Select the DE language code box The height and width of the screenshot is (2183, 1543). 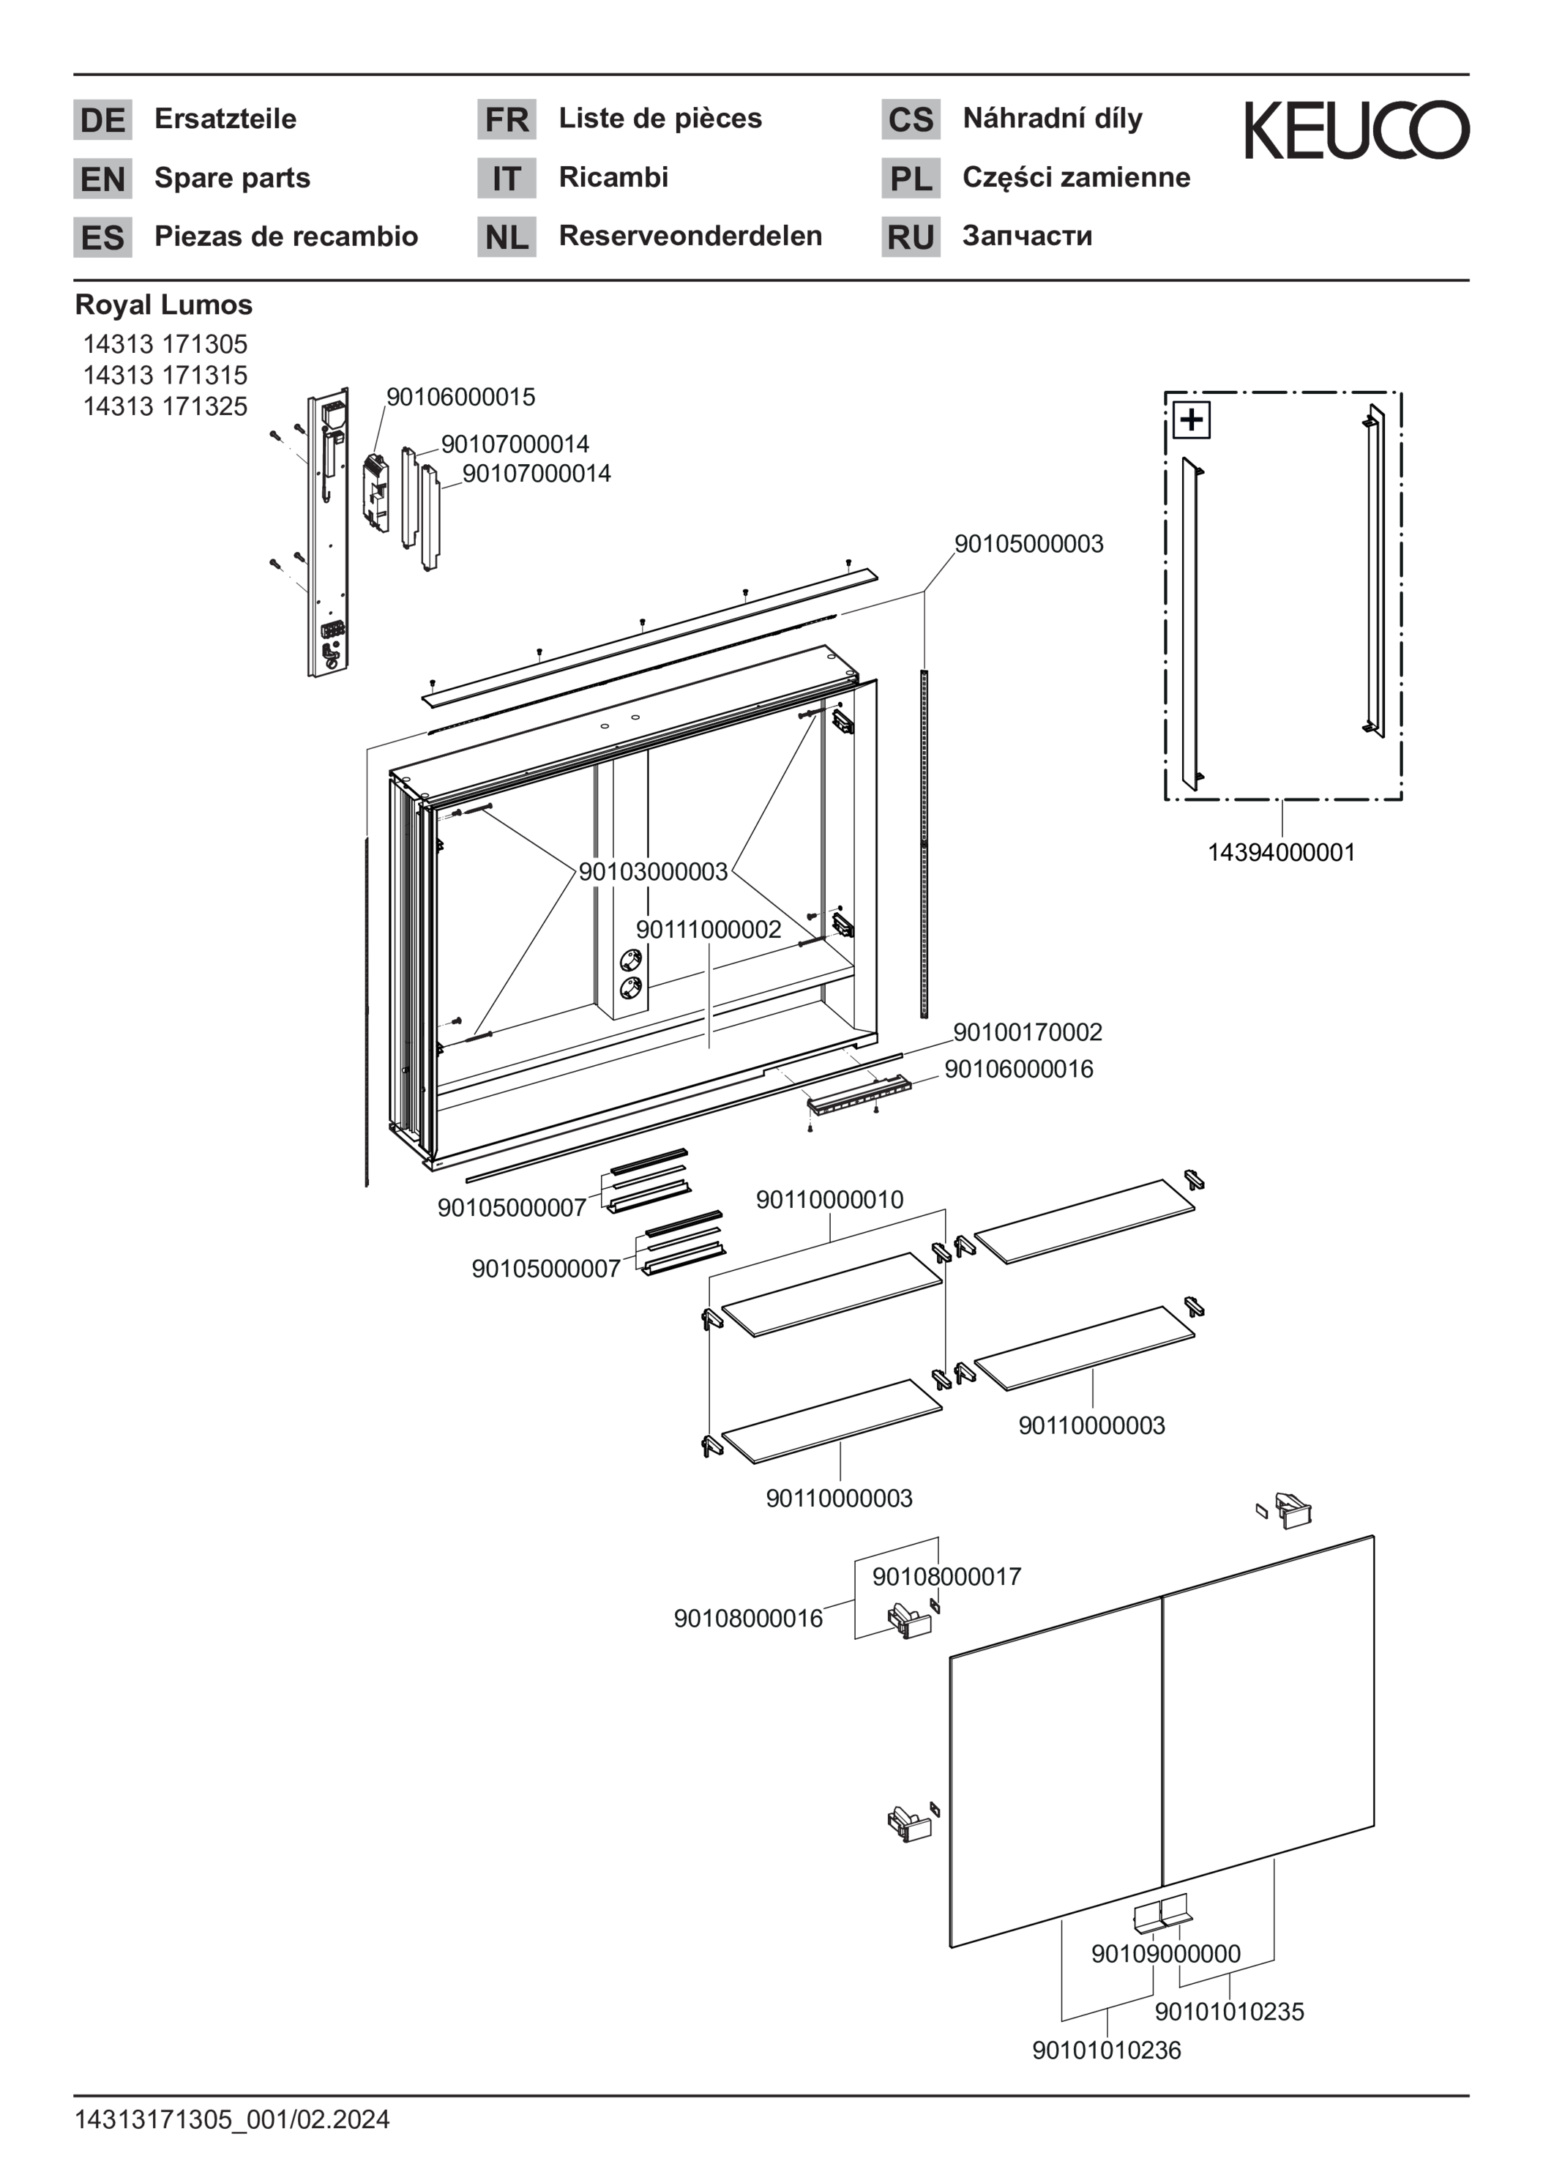(x=102, y=120)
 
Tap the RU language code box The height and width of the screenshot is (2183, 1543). (x=910, y=236)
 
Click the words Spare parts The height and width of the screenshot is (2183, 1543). (x=232, y=178)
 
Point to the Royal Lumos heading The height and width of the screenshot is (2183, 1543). (x=163, y=305)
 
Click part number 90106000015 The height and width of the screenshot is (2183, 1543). (x=460, y=397)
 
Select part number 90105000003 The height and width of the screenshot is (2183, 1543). (x=1028, y=544)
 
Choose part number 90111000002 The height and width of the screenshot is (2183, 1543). (x=709, y=929)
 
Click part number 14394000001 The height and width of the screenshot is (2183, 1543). (x=1281, y=852)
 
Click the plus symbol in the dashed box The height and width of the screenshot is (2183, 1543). (x=1191, y=420)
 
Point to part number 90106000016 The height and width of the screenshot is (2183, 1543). (x=1018, y=1069)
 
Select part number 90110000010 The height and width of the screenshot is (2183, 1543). (x=829, y=1200)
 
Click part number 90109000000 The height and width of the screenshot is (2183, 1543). (x=1165, y=1954)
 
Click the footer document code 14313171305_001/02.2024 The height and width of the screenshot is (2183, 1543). (x=232, y=2119)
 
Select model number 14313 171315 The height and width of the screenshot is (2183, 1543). (x=165, y=375)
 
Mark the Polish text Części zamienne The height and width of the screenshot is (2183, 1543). (x=1076, y=178)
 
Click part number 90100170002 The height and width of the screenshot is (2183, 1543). (x=1028, y=1031)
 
